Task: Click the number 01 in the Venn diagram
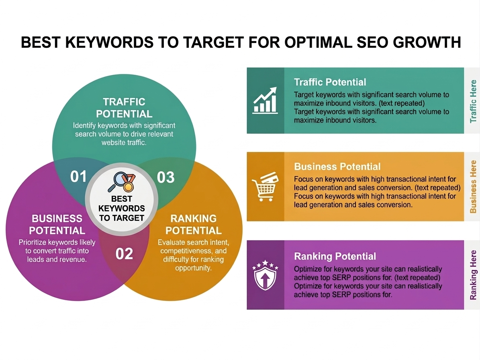(x=79, y=177)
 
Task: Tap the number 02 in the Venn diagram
(x=124, y=254)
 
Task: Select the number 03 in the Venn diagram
(x=165, y=177)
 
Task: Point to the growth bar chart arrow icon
(x=265, y=100)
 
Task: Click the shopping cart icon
(x=265, y=187)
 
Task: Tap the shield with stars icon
(x=265, y=275)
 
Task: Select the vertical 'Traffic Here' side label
(x=473, y=101)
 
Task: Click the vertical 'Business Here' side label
(x=473, y=186)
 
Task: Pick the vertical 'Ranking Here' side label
(x=473, y=275)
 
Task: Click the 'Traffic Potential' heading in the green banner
(x=330, y=82)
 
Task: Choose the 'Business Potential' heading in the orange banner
(x=337, y=167)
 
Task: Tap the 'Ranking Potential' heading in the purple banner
(x=335, y=256)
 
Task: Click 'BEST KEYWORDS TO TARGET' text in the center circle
(x=122, y=209)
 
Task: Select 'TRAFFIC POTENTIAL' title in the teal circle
(x=124, y=108)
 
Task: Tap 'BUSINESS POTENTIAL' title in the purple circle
(x=57, y=225)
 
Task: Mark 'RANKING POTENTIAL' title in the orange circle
(x=194, y=225)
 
